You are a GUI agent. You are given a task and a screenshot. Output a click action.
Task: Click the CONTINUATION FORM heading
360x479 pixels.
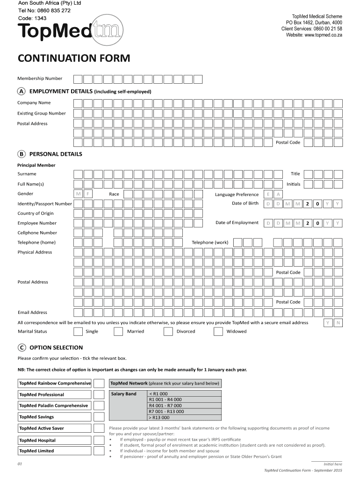click(x=74, y=58)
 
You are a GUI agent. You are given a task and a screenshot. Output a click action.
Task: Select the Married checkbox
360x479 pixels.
click(x=119, y=332)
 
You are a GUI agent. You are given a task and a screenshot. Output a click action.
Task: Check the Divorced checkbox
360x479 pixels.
click(x=168, y=332)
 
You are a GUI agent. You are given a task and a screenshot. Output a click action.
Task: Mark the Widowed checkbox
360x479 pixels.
click(x=218, y=332)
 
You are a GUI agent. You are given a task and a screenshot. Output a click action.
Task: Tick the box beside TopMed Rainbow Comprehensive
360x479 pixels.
click(x=99, y=384)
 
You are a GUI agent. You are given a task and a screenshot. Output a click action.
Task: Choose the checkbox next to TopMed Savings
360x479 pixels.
click(x=99, y=417)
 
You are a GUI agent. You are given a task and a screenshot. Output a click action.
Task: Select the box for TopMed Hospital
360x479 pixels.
click(x=99, y=440)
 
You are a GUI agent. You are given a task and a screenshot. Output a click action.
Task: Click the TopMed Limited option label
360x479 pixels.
click(x=36, y=451)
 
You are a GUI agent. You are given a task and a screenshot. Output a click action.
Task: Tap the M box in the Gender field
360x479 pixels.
click(x=79, y=194)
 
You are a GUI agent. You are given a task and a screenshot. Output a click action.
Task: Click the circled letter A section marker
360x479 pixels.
click(x=22, y=91)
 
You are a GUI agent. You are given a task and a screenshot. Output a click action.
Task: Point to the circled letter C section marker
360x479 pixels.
click(x=22, y=348)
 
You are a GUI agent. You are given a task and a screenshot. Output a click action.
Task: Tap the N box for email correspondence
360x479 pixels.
click(x=338, y=323)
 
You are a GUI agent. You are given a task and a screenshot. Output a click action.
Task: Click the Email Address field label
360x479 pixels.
click(x=32, y=312)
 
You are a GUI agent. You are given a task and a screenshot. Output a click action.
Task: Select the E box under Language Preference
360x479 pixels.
click(x=268, y=195)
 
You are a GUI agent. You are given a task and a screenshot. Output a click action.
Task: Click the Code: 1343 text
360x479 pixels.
click(x=32, y=18)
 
